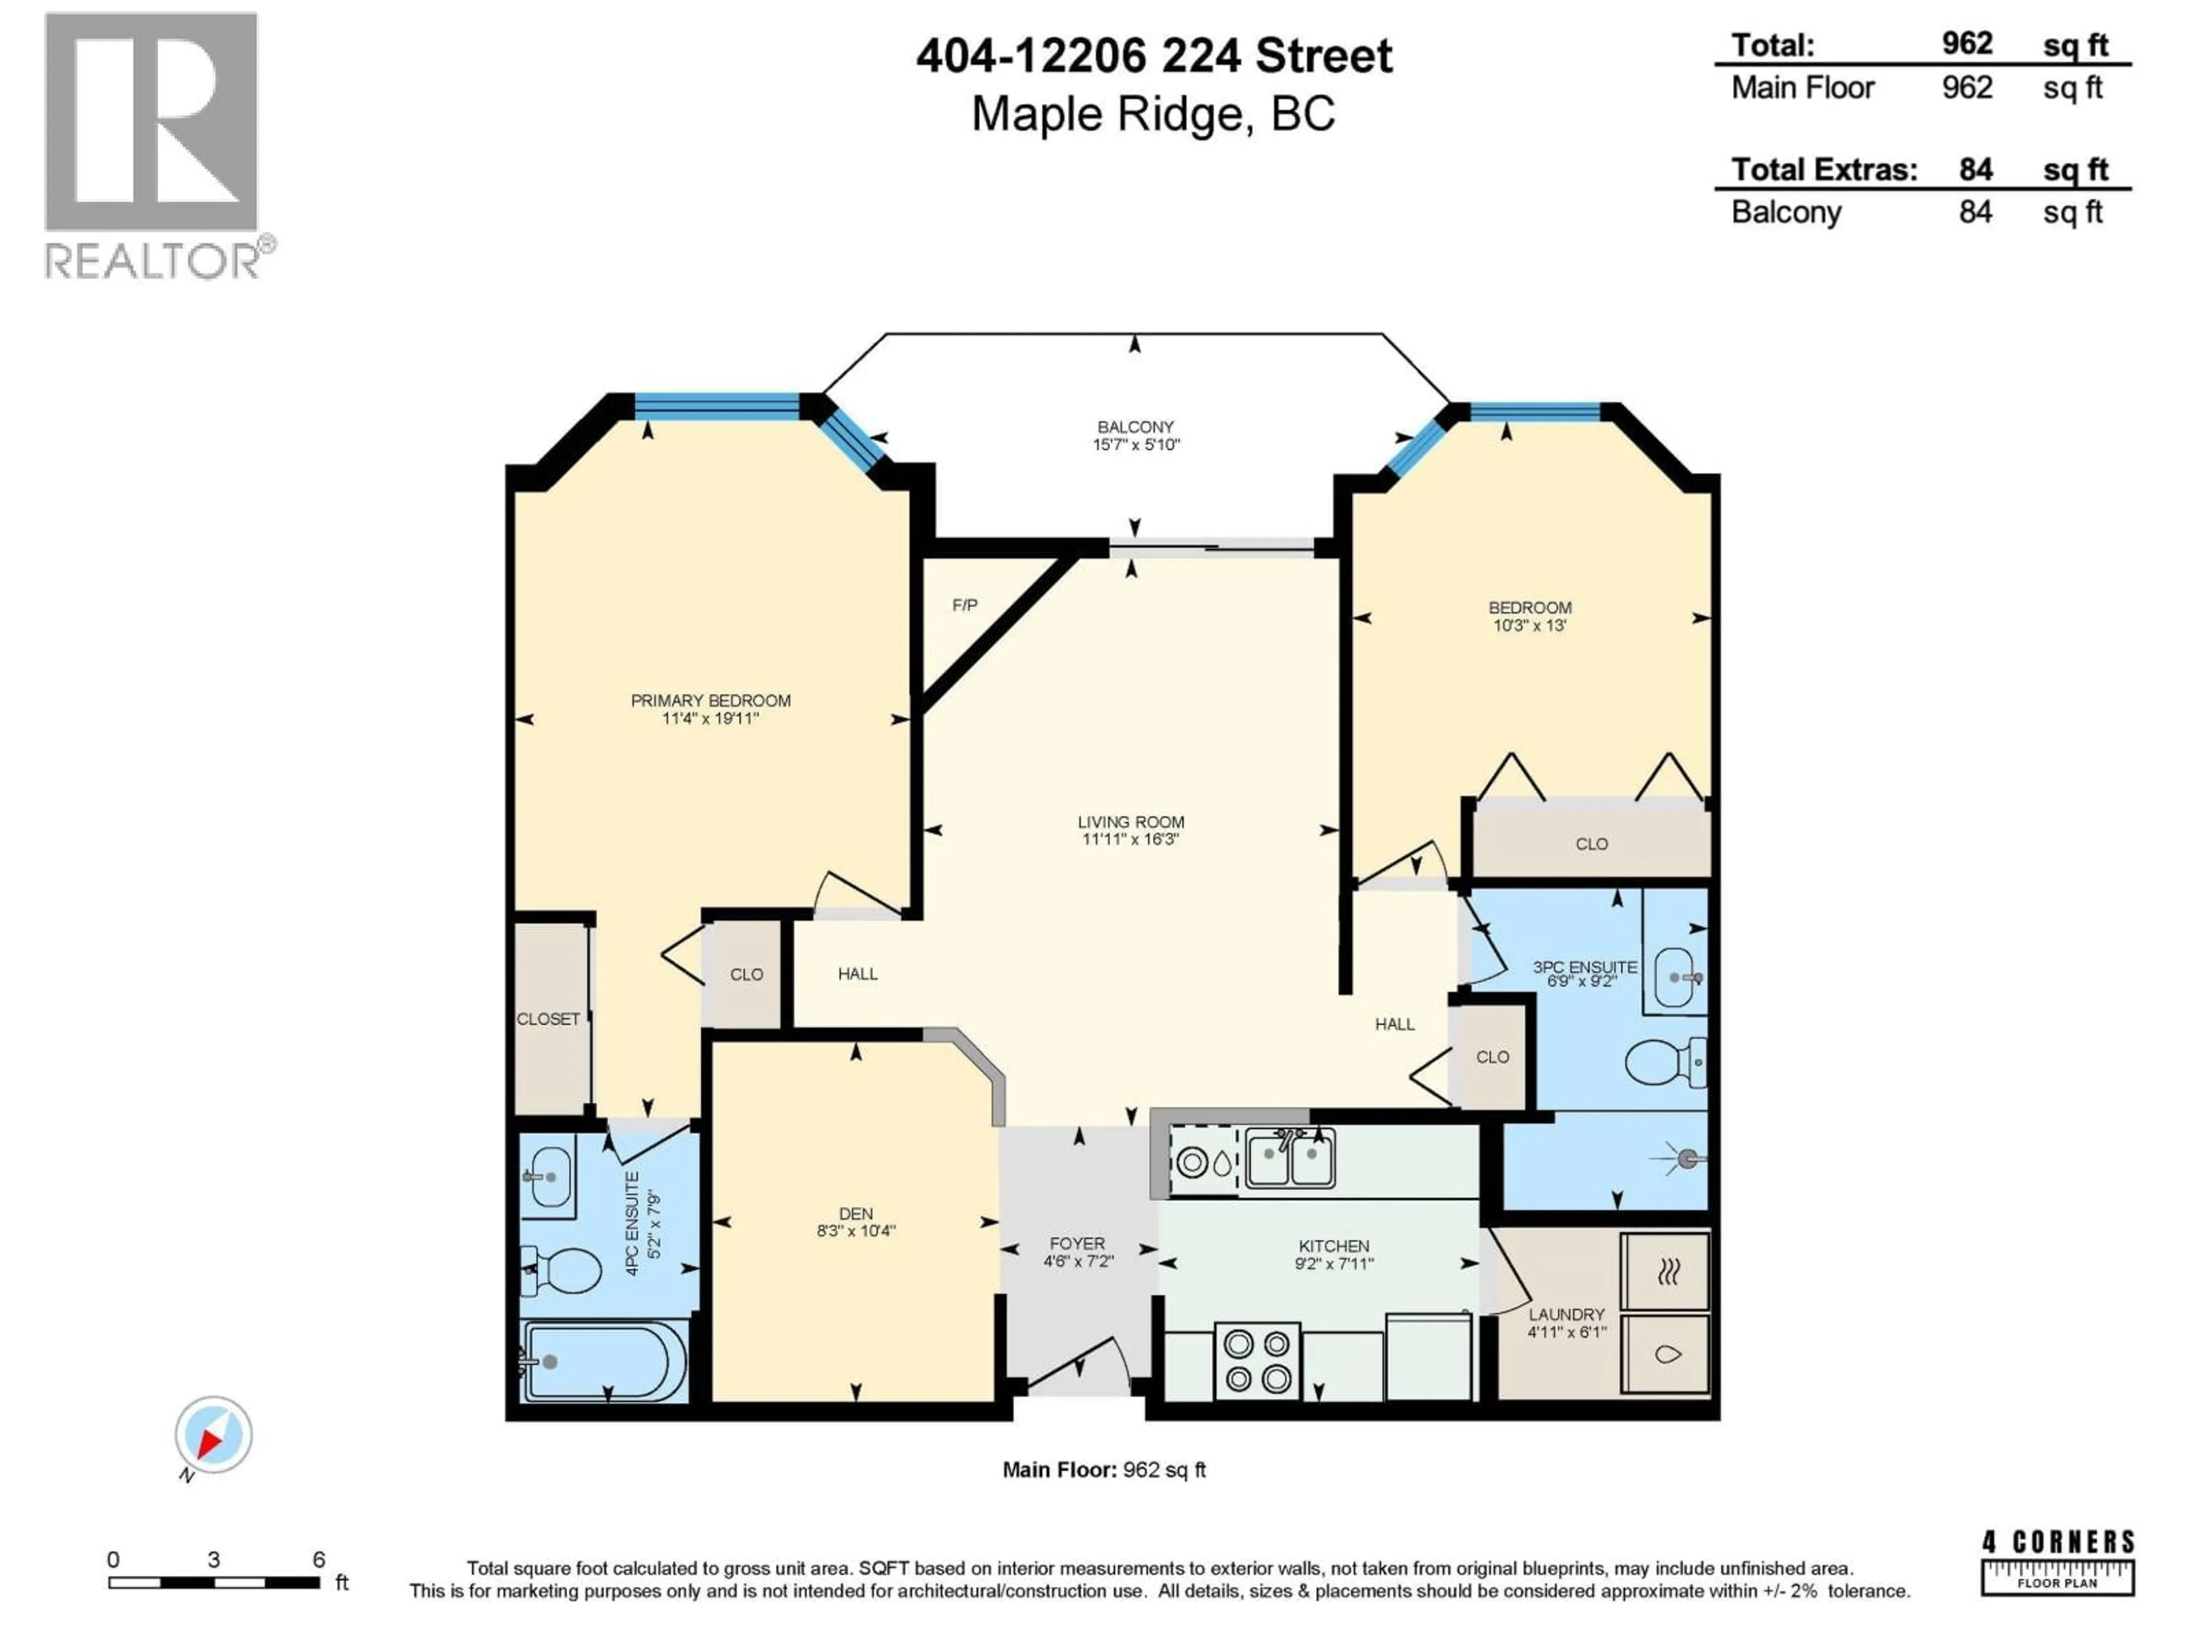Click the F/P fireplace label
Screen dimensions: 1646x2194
[964, 605]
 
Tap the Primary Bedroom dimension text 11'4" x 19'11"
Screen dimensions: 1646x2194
[710, 718]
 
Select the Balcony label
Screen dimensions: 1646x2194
[1135, 426]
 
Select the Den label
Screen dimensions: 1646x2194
[856, 1213]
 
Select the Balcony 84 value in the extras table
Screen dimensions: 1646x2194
[1975, 213]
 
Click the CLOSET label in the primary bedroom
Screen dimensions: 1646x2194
[547, 1019]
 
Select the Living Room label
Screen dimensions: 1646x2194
[1131, 821]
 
